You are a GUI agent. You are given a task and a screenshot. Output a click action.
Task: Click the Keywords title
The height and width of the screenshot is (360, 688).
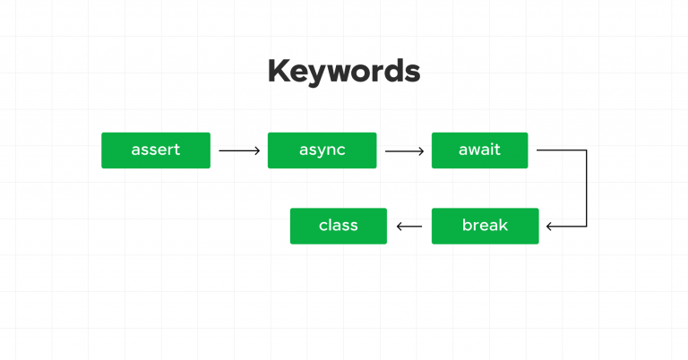(343, 72)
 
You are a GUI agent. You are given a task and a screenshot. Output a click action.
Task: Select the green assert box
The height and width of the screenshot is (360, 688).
(156, 150)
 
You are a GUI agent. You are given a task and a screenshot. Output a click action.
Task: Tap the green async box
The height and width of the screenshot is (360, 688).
(322, 150)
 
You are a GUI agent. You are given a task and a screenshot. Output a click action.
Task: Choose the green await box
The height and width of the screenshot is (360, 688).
(479, 150)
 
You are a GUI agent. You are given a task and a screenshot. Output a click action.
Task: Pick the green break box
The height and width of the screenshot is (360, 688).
(485, 226)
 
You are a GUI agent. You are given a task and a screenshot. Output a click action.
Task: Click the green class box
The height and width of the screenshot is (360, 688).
(338, 226)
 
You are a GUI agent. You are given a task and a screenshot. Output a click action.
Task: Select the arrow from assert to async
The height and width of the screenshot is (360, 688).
(238, 150)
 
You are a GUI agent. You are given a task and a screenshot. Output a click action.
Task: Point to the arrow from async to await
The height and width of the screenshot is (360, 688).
(404, 150)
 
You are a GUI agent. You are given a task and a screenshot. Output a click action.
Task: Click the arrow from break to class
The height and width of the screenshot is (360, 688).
(409, 226)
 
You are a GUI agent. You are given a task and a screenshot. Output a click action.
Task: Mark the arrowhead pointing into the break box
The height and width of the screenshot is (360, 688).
(549, 226)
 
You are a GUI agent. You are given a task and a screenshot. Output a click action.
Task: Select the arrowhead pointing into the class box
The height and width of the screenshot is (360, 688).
(400, 226)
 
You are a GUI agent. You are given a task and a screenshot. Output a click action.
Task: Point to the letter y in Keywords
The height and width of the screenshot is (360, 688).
(319, 75)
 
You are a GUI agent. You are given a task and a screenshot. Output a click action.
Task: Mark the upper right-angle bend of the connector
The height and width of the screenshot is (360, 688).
(586, 150)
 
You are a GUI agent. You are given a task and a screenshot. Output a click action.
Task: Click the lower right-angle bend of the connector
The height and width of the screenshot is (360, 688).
(586, 226)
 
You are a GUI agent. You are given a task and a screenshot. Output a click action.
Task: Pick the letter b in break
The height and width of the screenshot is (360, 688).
(467, 225)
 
